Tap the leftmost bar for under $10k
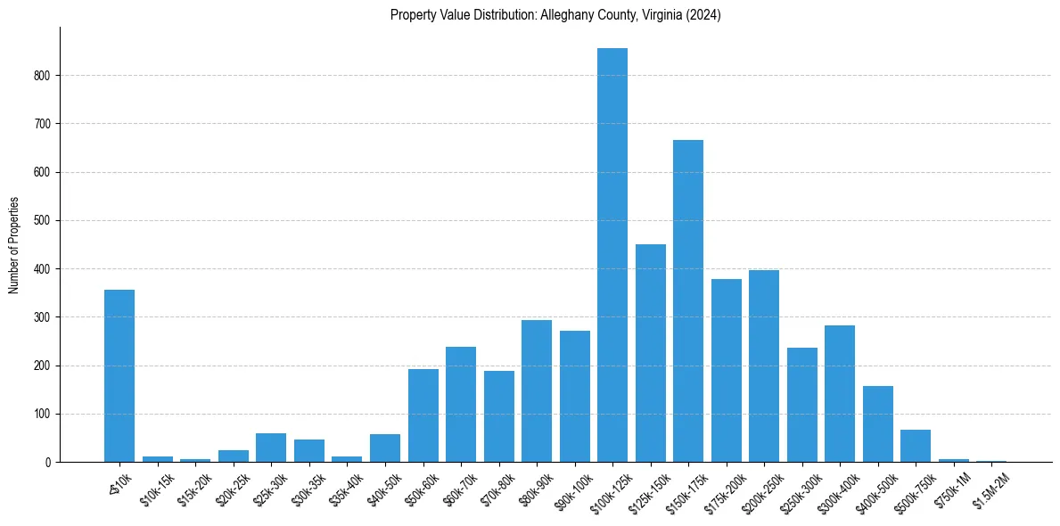point(119,375)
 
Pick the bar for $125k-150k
point(650,353)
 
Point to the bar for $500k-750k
point(916,446)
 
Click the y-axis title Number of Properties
point(14,244)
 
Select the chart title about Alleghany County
point(555,15)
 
